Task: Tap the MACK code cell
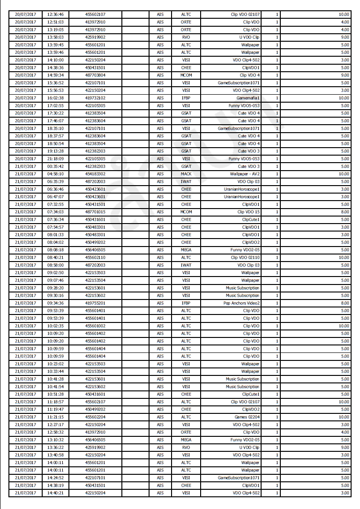click(x=186, y=174)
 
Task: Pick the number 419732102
click(x=95, y=98)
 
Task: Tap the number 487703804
click(x=95, y=75)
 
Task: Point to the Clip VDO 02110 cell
click(x=245, y=257)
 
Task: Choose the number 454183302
click(x=95, y=174)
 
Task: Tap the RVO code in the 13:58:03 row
click(x=186, y=37)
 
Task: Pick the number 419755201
click(x=95, y=303)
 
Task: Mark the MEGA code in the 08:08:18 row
click(x=186, y=250)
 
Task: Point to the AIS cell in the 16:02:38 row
click(x=160, y=98)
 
